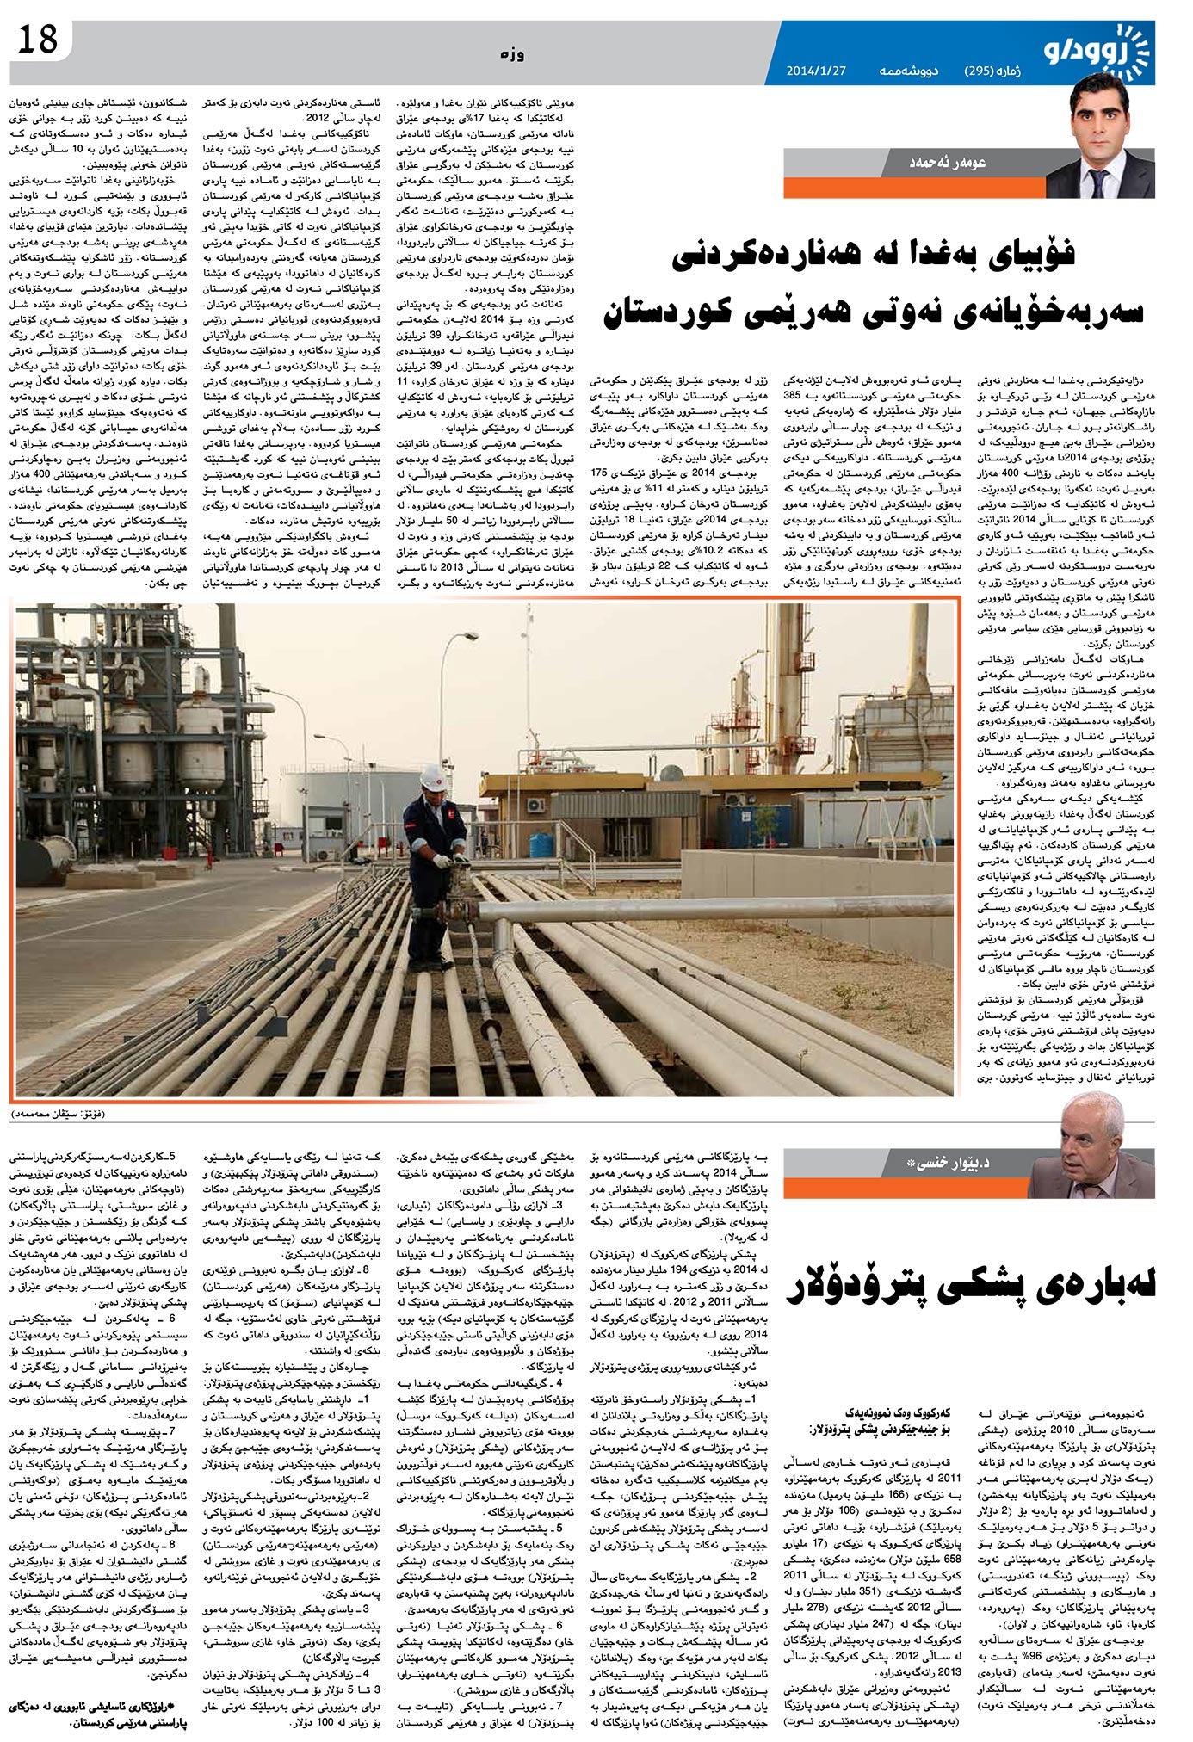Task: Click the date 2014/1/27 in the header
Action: [x=816, y=70]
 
